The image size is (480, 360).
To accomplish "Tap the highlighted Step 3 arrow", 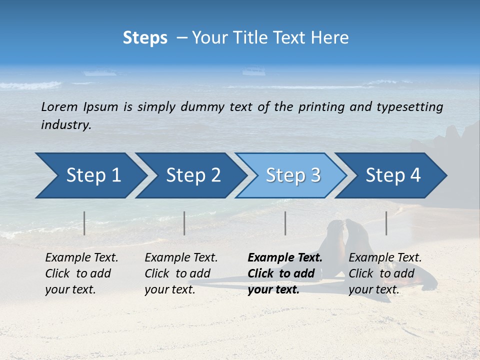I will (x=293, y=175).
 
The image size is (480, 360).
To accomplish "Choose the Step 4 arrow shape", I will (x=393, y=175).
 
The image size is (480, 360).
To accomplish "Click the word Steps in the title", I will (x=145, y=38).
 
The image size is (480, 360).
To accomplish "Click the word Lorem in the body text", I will (x=59, y=107).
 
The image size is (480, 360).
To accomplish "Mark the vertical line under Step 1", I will (x=84, y=223).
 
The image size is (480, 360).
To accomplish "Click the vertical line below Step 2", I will (x=184, y=223).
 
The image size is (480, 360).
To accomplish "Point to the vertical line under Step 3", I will (x=285, y=223).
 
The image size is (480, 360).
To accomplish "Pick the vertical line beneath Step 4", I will (x=386, y=223).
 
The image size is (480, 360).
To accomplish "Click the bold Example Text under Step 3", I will (x=285, y=258).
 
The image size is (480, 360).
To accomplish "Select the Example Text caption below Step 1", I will (x=81, y=258).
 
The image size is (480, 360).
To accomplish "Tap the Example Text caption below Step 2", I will (x=181, y=258).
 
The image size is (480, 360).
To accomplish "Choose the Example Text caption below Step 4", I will (x=385, y=258).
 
